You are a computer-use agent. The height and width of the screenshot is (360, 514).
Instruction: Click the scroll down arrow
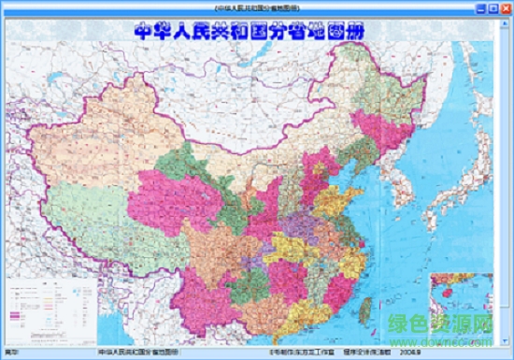(507, 341)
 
